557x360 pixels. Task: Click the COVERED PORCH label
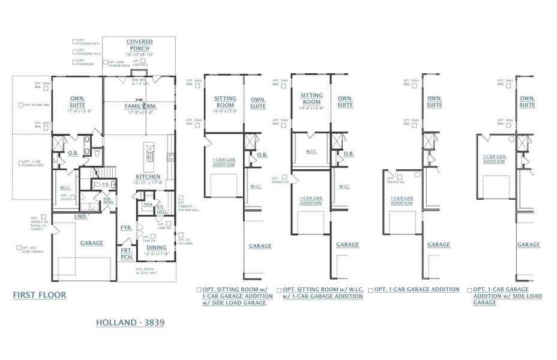[139, 45]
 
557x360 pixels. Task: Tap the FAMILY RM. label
[139, 106]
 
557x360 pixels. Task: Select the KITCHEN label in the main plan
[147, 177]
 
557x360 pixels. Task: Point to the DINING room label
[157, 247]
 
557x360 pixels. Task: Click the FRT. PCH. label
[127, 254]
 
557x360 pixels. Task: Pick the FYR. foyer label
[126, 228]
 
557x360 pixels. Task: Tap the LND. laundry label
[80, 216]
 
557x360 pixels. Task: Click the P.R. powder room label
[105, 185]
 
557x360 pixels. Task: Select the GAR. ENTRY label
[108, 200]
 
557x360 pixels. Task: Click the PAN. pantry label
[146, 204]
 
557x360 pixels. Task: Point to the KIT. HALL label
[161, 208]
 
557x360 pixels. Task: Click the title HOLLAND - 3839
[130, 322]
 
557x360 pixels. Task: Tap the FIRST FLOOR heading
[40, 295]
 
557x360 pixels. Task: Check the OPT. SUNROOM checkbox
[75, 62]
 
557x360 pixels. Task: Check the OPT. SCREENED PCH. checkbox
[75, 52]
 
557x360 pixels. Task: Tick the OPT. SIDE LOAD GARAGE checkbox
[19, 248]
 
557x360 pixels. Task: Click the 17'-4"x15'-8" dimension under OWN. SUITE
[77, 111]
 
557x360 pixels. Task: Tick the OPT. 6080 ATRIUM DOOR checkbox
[106, 62]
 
